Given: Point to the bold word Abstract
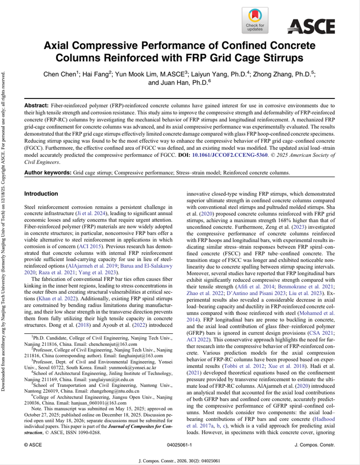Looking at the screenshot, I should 36,104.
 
